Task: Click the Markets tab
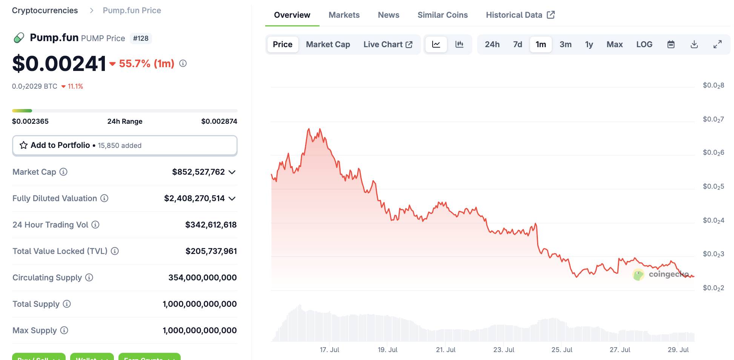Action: click(x=344, y=15)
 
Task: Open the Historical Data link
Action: click(x=520, y=15)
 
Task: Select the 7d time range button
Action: click(x=517, y=45)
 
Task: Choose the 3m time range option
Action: click(x=565, y=45)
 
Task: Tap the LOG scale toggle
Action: click(x=644, y=45)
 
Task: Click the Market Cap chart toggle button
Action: click(x=328, y=45)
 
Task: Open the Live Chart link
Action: click(x=387, y=45)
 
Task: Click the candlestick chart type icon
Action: click(x=459, y=45)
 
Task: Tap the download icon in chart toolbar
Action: click(x=694, y=45)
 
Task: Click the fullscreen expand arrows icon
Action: click(x=717, y=45)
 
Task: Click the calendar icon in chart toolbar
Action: click(x=671, y=45)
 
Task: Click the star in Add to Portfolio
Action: click(x=23, y=145)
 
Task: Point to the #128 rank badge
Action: click(x=141, y=38)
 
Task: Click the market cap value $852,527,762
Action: click(x=198, y=172)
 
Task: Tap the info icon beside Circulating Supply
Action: click(x=89, y=278)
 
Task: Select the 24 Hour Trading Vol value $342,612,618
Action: click(x=210, y=225)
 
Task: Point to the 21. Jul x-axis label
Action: click(x=445, y=350)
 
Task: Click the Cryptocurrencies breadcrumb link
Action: click(x=45, y=11)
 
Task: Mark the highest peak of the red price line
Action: click(x=309, y=129)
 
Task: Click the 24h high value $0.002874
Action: click(x=219, y=122)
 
